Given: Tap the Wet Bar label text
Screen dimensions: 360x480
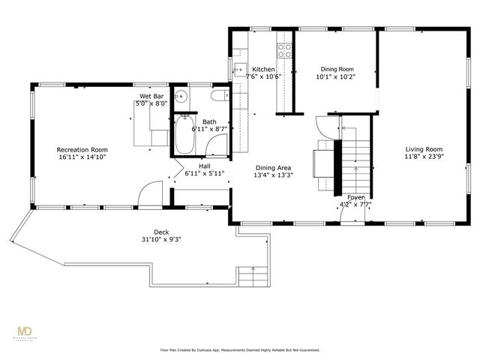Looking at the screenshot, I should click(151, 97).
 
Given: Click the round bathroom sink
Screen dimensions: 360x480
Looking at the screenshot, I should click(181, 97).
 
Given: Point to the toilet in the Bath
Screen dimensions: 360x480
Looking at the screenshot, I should click(219, 96).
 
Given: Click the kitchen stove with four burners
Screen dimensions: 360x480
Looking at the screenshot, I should click(285, 51).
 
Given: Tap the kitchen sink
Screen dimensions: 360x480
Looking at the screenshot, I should click(241, 71).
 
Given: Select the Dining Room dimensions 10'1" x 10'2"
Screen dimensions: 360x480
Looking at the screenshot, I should click(334, 76).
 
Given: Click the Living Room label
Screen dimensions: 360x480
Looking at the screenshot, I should click(424, 149).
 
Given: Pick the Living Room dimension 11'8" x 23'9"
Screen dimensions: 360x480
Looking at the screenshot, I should click(424, 157).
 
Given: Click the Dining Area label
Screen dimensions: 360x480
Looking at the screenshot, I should click(274, 168).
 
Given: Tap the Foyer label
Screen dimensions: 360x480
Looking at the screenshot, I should click(355, 196).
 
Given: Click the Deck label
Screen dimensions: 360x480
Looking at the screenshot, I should click(162, 232).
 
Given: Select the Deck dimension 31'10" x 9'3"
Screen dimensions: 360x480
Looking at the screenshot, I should click(162, 239).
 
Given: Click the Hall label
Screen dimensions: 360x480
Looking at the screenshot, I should click(204, 166).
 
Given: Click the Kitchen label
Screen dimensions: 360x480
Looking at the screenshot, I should click(263, 68).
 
